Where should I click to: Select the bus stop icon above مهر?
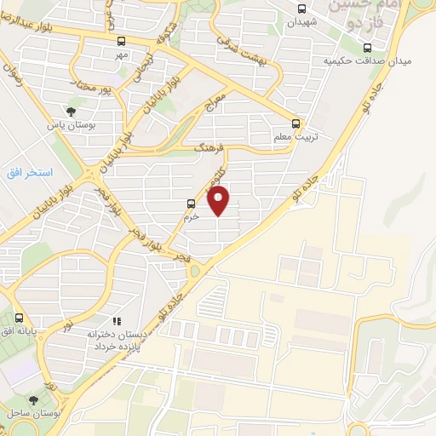point(121,41)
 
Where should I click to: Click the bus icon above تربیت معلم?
point(295,122)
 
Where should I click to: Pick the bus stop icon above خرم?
point(190,204)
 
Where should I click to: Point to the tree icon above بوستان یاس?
point(71,109)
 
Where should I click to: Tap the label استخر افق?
point(30,173)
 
